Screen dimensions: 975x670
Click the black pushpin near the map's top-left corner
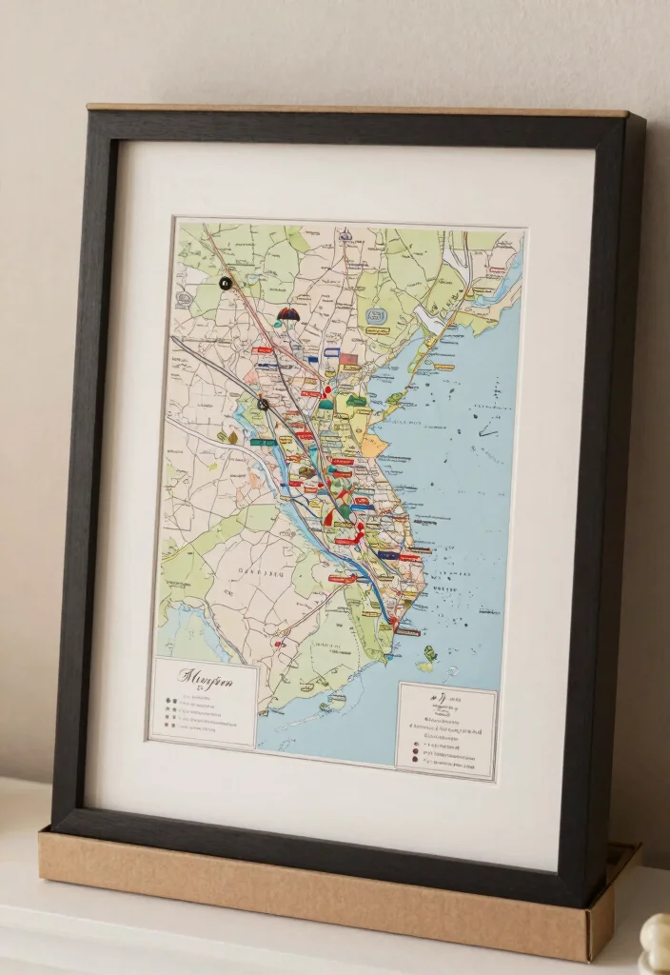click(225, 283)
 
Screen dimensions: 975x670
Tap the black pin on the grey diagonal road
click(263, 405)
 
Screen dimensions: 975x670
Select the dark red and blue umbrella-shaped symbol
click(287, 313)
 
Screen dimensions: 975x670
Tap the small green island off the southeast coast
click(429, 654)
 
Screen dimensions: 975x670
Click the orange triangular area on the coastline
click(373, 445)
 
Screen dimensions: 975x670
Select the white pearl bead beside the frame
click(658, 943)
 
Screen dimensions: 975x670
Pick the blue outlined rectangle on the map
click(331, 352)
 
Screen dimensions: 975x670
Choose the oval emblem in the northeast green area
click(376, 315)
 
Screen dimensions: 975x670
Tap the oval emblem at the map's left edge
click(183, 298)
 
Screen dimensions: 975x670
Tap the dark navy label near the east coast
click(387, 554)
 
